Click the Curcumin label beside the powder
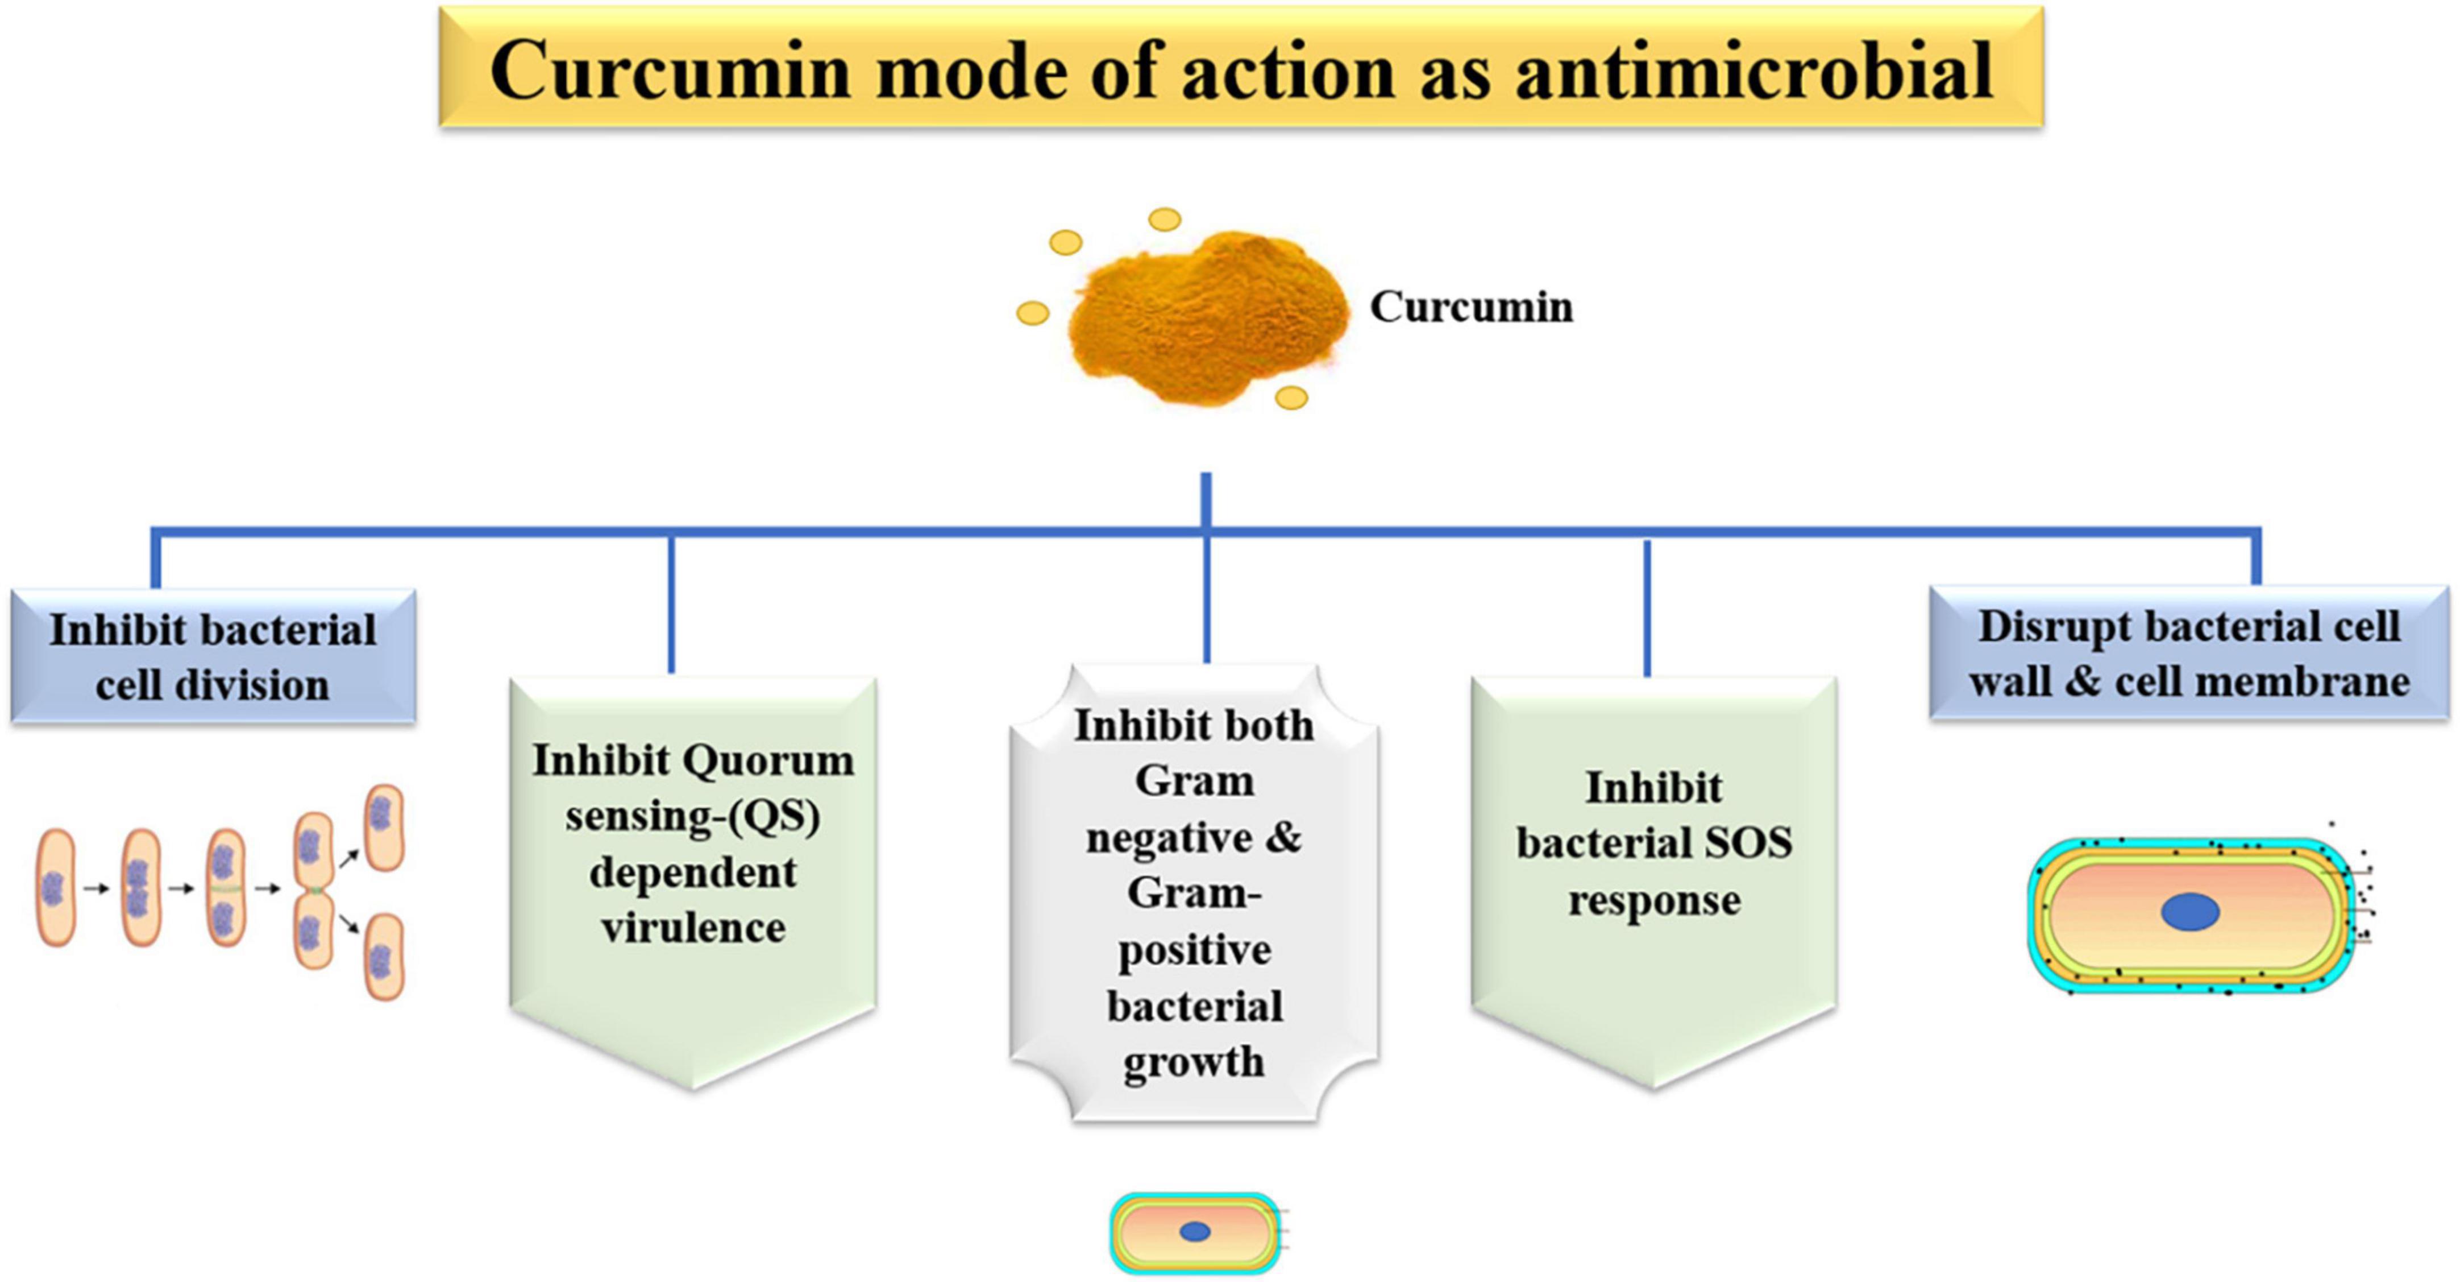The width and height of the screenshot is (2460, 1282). click(x=1470, y=307)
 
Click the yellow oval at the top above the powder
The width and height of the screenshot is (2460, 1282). click(x=1164, y=220)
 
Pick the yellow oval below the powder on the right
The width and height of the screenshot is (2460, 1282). click(x=1291, y=398)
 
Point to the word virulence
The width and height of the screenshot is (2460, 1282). click(x=693, y=928)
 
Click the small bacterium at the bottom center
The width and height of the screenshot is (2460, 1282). click(x=1195, y=1233)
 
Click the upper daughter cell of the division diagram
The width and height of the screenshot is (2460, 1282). click(x=384, y=828)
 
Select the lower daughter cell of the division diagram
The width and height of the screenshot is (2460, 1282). click(x=384, y=956)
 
